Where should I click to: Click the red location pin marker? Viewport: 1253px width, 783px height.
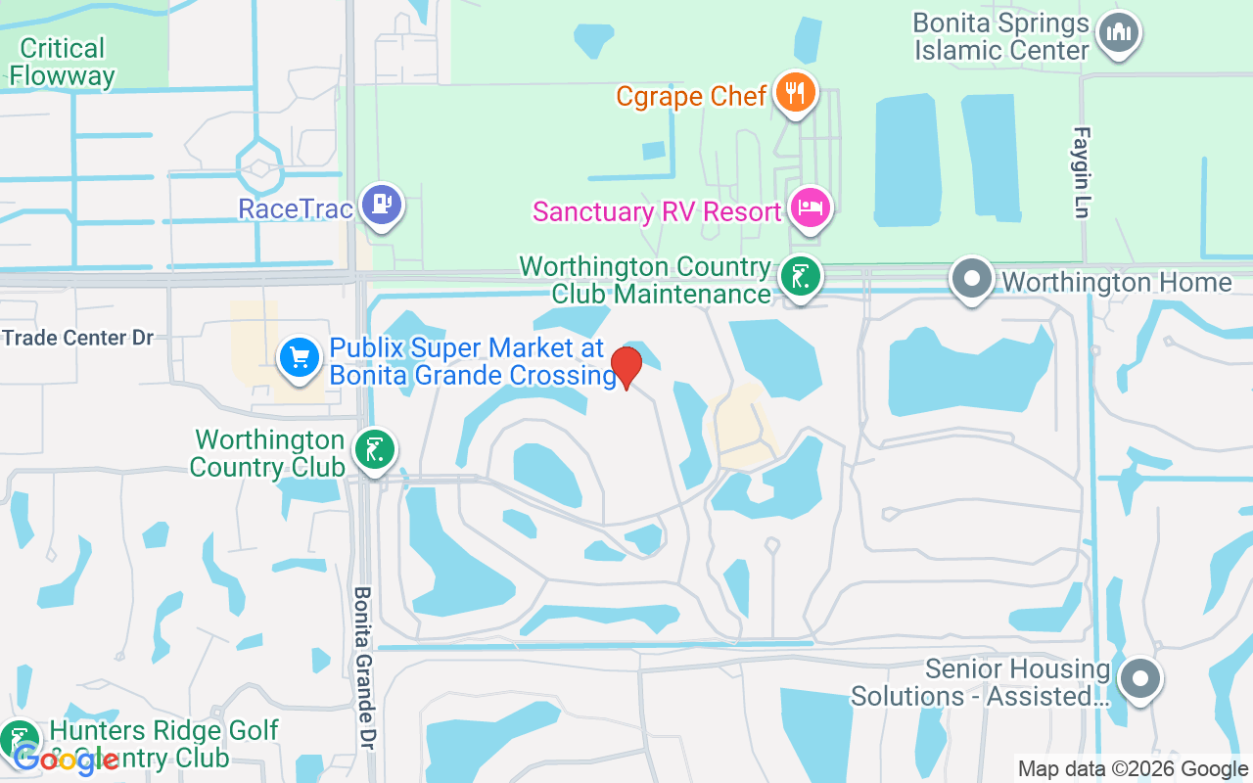coord(626,367)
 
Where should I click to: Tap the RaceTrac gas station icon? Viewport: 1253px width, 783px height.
coord(381,205)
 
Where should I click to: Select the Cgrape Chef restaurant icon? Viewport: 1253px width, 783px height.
coord(795,93)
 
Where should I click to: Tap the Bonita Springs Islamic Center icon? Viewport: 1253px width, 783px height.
coord(1118,33)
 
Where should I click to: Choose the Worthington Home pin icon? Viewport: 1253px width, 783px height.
coord(972,279)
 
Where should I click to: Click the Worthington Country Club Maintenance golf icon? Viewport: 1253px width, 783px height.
coord(800,278)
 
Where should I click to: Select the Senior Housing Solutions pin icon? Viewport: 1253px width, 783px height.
coord(1139,677)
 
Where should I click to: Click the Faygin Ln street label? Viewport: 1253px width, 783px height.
coord(1081,172)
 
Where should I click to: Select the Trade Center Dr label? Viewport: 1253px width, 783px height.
coord(78,339)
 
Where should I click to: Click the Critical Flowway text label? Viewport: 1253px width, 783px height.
coord(63,62)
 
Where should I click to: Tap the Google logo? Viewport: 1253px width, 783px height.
coord(66,759)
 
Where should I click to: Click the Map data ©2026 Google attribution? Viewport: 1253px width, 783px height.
coord(1133,769)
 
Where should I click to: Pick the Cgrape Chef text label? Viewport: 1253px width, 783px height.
coord(691,96)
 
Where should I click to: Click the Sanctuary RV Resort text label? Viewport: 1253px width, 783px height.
coord(658,211)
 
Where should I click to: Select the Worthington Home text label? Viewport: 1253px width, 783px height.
coord(1116,282)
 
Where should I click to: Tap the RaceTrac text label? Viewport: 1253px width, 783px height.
coord(296,208)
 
